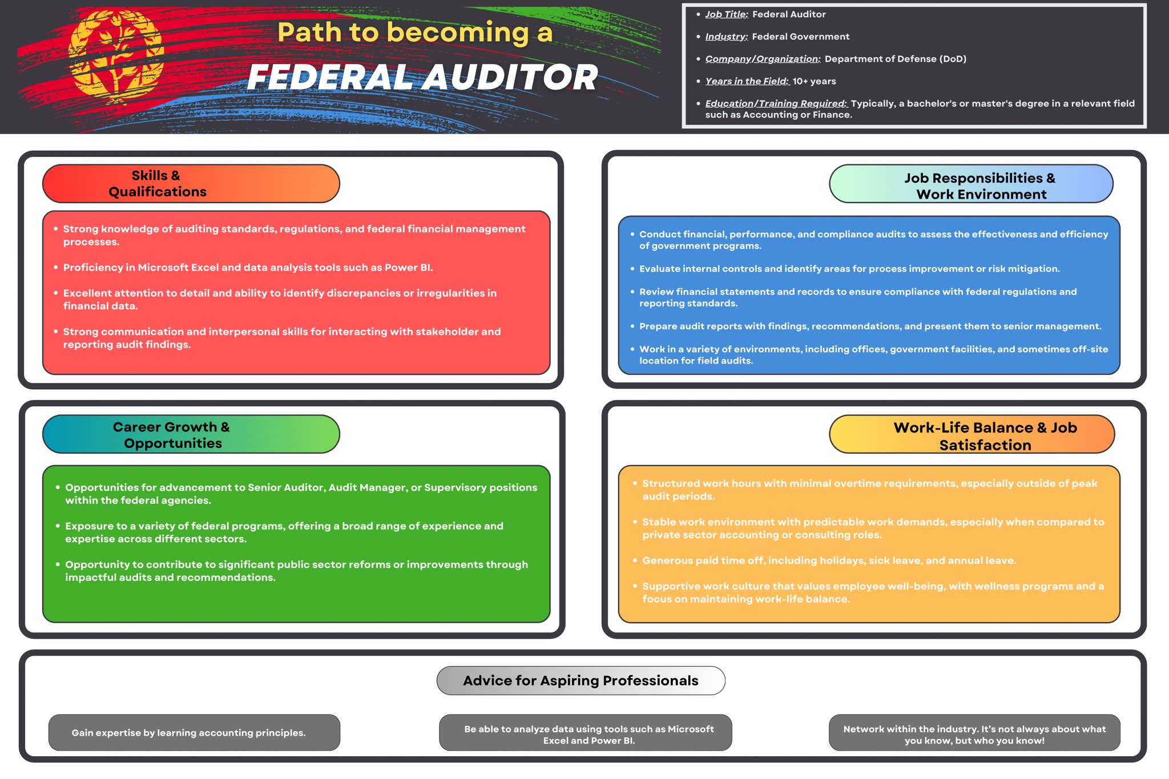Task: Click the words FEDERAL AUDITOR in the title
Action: [422, 77]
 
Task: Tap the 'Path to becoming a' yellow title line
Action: [415, 32]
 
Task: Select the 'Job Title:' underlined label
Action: [726, 14]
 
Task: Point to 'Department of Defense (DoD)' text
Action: [895, 59]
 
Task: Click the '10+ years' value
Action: [814, 81]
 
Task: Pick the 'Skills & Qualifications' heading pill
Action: [191, 184]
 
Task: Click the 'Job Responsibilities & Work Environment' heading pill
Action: [970, 184]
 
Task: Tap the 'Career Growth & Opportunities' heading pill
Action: [191, 434]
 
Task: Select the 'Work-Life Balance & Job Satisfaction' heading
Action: [972, 435]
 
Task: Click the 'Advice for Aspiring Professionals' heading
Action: [581, 680]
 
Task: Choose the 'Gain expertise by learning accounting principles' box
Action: [194, 733]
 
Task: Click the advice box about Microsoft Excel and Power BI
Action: [586, 734]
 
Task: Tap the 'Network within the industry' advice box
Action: [974, 734]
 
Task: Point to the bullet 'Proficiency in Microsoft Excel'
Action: [248, 268]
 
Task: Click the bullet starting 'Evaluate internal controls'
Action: [849, 269]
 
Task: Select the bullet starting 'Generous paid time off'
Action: [829, 560]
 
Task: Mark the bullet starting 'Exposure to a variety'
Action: [284, 532]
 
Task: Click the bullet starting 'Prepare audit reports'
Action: [870, 326]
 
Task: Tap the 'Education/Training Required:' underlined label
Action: [776, 103]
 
